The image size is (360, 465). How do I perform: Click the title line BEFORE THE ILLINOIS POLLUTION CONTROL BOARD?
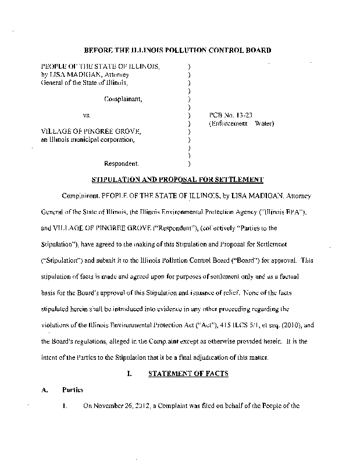click(x=178, y=51)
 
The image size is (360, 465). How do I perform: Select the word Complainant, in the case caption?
click(x=123, y=99)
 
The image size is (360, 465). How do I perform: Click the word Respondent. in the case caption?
click(x=122, y=163)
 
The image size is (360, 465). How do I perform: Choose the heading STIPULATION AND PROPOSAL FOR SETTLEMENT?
click(x=178, y=179)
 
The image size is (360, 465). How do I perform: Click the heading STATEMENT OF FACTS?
click(x=188, y=374)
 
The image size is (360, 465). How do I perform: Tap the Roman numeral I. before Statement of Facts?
click(x=129, y=374)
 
